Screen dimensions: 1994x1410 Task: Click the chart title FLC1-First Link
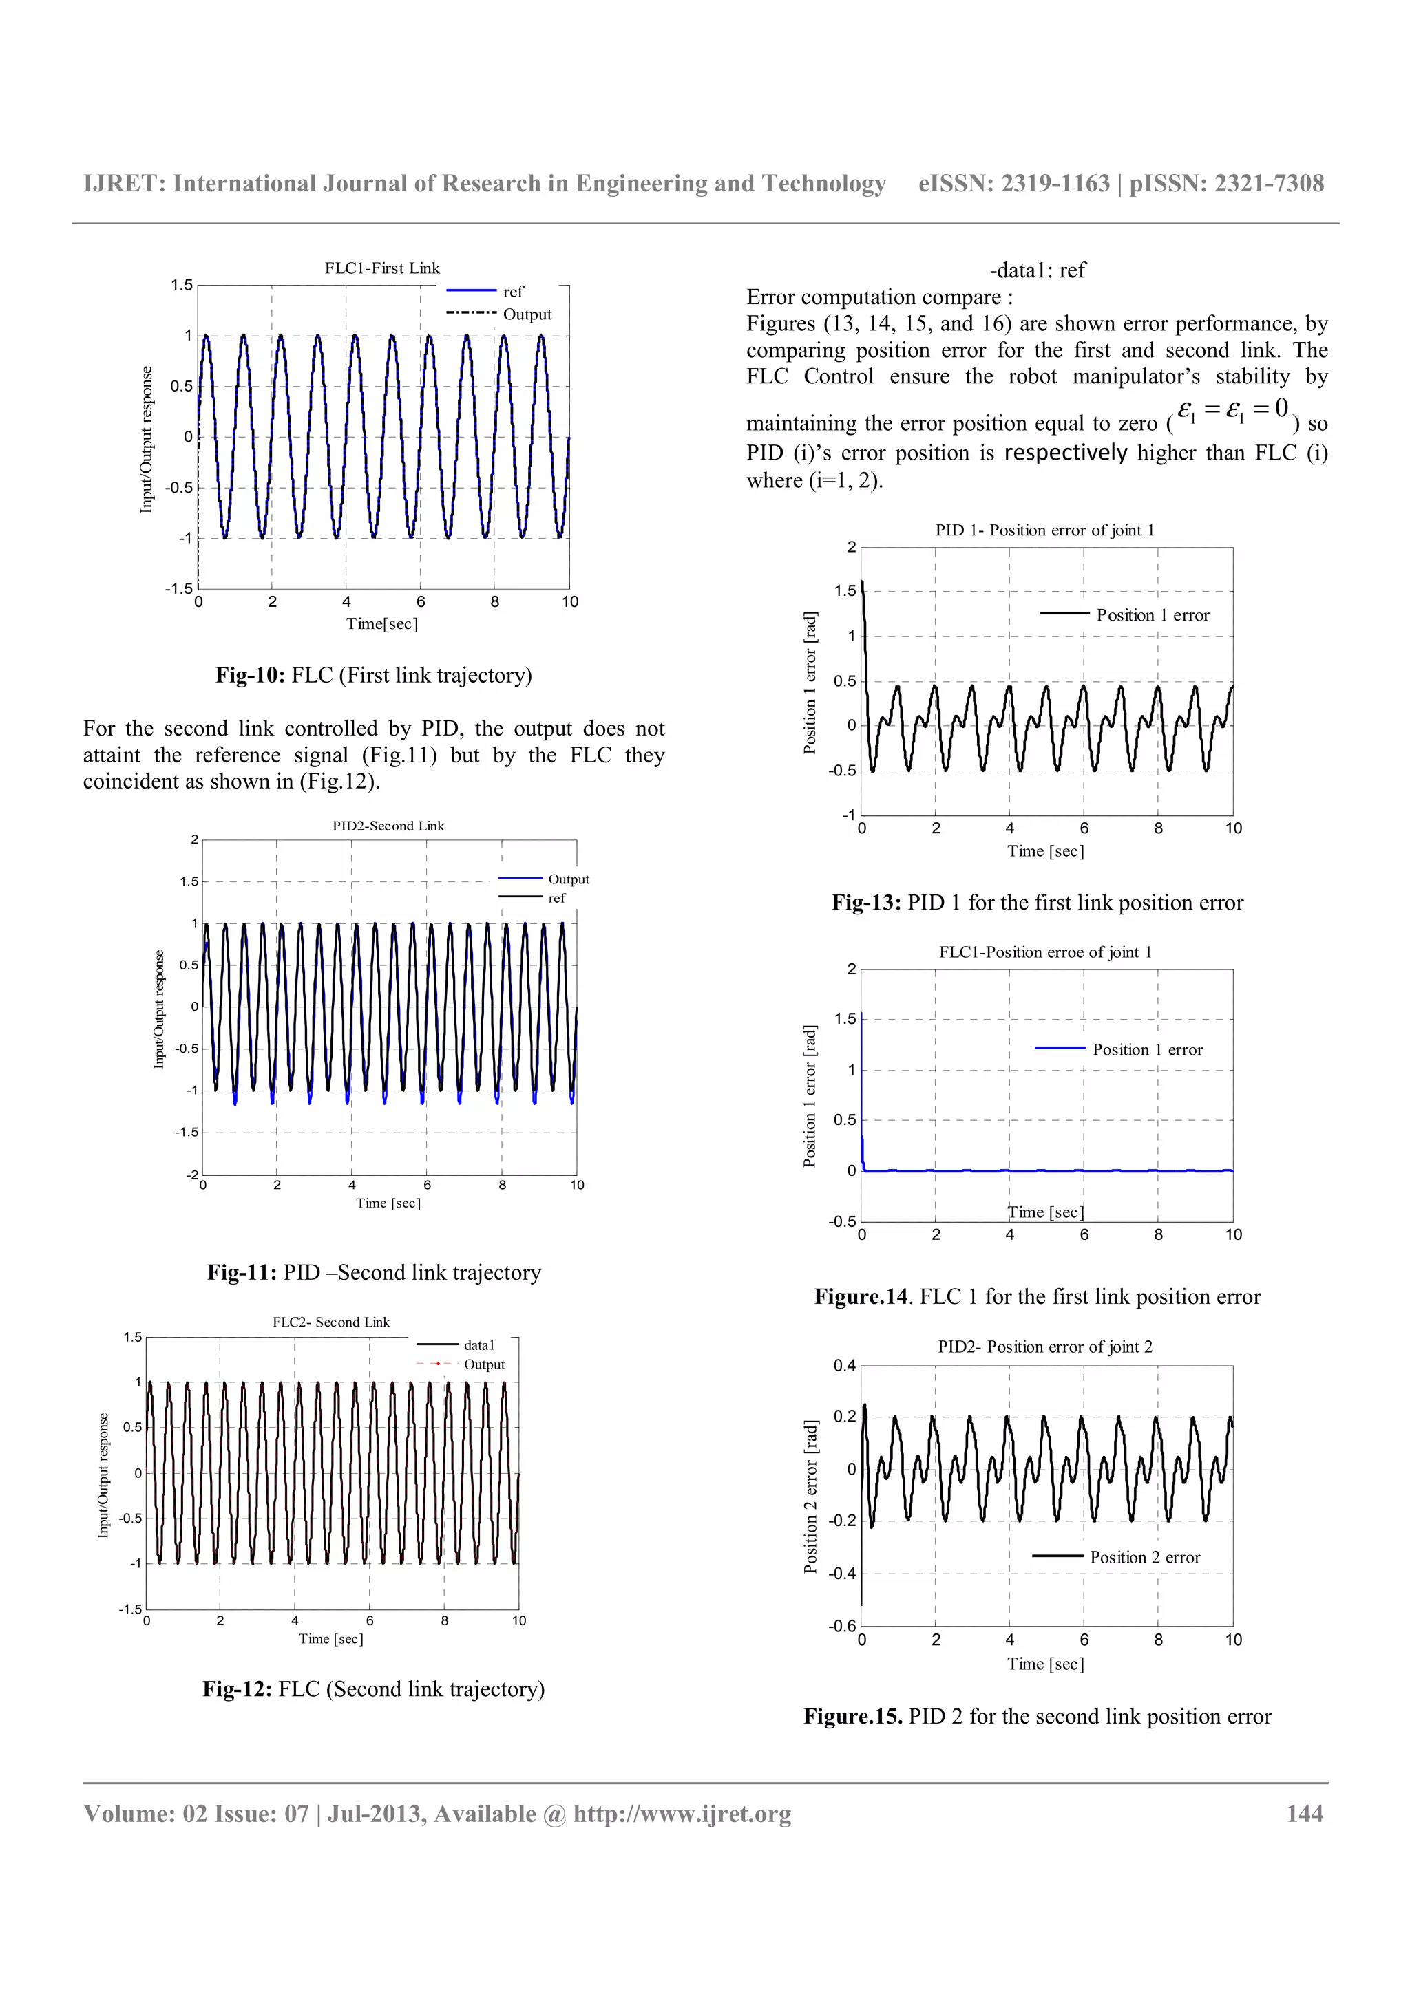[382, 268]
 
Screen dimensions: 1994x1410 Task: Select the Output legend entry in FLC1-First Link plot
[527, 314]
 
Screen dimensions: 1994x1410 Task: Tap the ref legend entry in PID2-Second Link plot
[556, 898]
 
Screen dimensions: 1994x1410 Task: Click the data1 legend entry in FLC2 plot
[478, 1345]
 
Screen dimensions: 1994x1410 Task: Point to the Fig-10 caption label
[250, 676]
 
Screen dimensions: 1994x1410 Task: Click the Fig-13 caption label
[866, 903]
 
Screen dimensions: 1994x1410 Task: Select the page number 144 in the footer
[1304, 1814]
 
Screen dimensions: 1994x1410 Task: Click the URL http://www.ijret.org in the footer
[682, 1814]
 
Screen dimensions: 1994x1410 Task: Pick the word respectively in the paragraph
[1065, 453]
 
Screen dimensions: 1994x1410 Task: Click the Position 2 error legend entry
[1144, 1557]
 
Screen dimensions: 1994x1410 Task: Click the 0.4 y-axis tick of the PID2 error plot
[845, 1366]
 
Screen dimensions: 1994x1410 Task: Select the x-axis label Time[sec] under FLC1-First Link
[382, 623]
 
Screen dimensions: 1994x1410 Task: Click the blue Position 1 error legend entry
[1147, 1050]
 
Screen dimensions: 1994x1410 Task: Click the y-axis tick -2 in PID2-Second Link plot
[193, 1174]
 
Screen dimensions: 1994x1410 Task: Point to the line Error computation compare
[879, 298]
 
